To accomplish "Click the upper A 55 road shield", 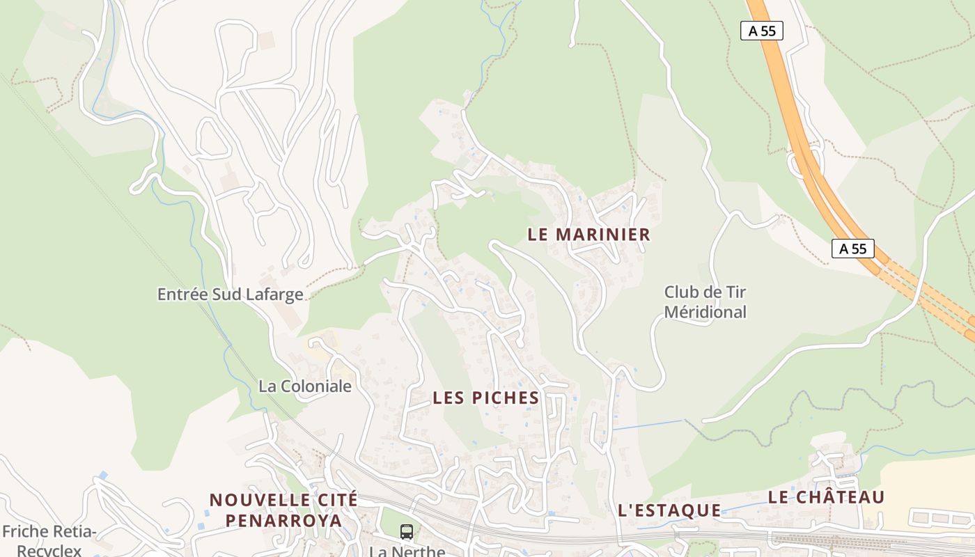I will tap(761, 31).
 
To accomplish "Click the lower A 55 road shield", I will tap(852, 249).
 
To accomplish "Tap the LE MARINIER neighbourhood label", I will tap(588, 235).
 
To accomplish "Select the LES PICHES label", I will tap(485, 398).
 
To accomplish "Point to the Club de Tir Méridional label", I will tap(705, 301).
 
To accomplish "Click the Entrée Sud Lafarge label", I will tap(230, 295).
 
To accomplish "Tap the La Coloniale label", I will tap(305, 386).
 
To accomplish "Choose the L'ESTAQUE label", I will tap(669, 510).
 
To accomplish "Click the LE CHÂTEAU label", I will tap(826, 497).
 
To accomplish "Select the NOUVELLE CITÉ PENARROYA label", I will tap(283, 510).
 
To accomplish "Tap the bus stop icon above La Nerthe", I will tap(407, 532).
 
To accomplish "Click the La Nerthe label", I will tap(407, 551).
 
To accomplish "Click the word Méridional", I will tap(705, 312).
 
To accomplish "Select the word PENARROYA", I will tap(283, 520).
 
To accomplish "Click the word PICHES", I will tap(505, 398).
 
